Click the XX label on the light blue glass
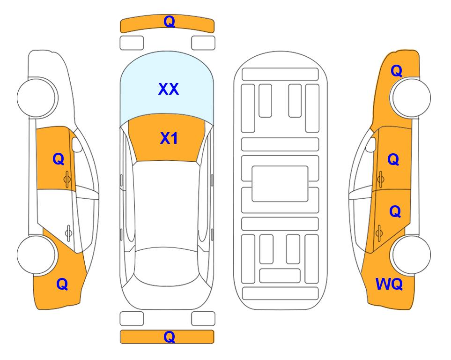pyautogui.click(x=169, y=89)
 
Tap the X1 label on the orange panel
pyautogui.click(x=169, y=138)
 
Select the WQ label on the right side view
pyautogui.click(x=389, y=284)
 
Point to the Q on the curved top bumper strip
pyautogui.click(x=170, y=22)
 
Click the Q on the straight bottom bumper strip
pyautogui.click(x=170, y=337)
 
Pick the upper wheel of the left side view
pyautogui.click(x=37, y=97)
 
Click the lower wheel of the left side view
pyautogui.click(x=37, y=255)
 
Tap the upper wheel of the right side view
pyautogui.click(x=411, y=97)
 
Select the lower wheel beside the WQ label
pyautogui.click(x=411, y=255)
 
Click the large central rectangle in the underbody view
pyautogui.click(x=280, y=184)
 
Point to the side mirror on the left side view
pyautogui.click(x=77, y=144)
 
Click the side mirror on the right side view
pyautogui.click(x=371, y=144)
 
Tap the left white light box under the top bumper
pyautogui.click(x=132, y=43)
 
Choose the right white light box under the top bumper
pyautogui.click(x=203, y=43)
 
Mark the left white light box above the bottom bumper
pyautogui.click(x=132, y=319)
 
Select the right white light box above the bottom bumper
pyautogui.click(x=203, y=319)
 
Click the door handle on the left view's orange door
pyautogui.click(x=67, y=179)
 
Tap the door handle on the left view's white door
pyautogui.click(x=68, y=233)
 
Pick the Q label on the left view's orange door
pyautogui.click(x=59, y=159)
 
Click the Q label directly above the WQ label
pyautogui.click(x=395, y=212)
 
